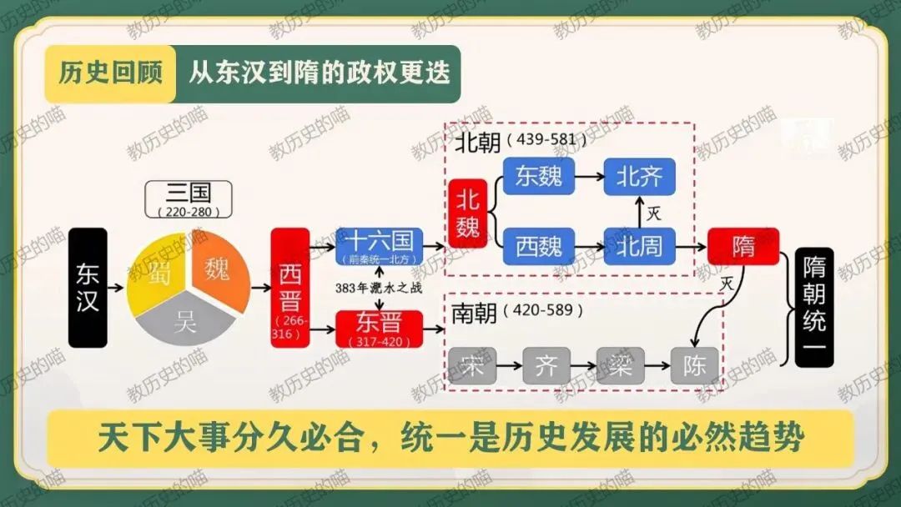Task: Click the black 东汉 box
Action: coord(88,287)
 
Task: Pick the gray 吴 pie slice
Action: coord(185,322)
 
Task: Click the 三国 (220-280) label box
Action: coord(189,200)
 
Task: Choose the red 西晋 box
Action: coord(290,287)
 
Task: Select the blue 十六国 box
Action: coord(379,247)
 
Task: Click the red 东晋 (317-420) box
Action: coord(379,328)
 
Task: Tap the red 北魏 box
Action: coord(467,213)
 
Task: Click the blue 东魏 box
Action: coord(538,176)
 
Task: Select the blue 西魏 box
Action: coord(538,246)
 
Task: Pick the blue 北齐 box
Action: coord(639,176)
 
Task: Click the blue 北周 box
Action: coord(639,246)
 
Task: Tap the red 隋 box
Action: coord(743,246)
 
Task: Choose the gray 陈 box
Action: coord(694,365)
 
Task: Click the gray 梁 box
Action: coord(621,365)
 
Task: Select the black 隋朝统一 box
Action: coord(814,307)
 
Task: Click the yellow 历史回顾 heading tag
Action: coord(110,73)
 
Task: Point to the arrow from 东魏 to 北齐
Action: coord(588,177)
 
